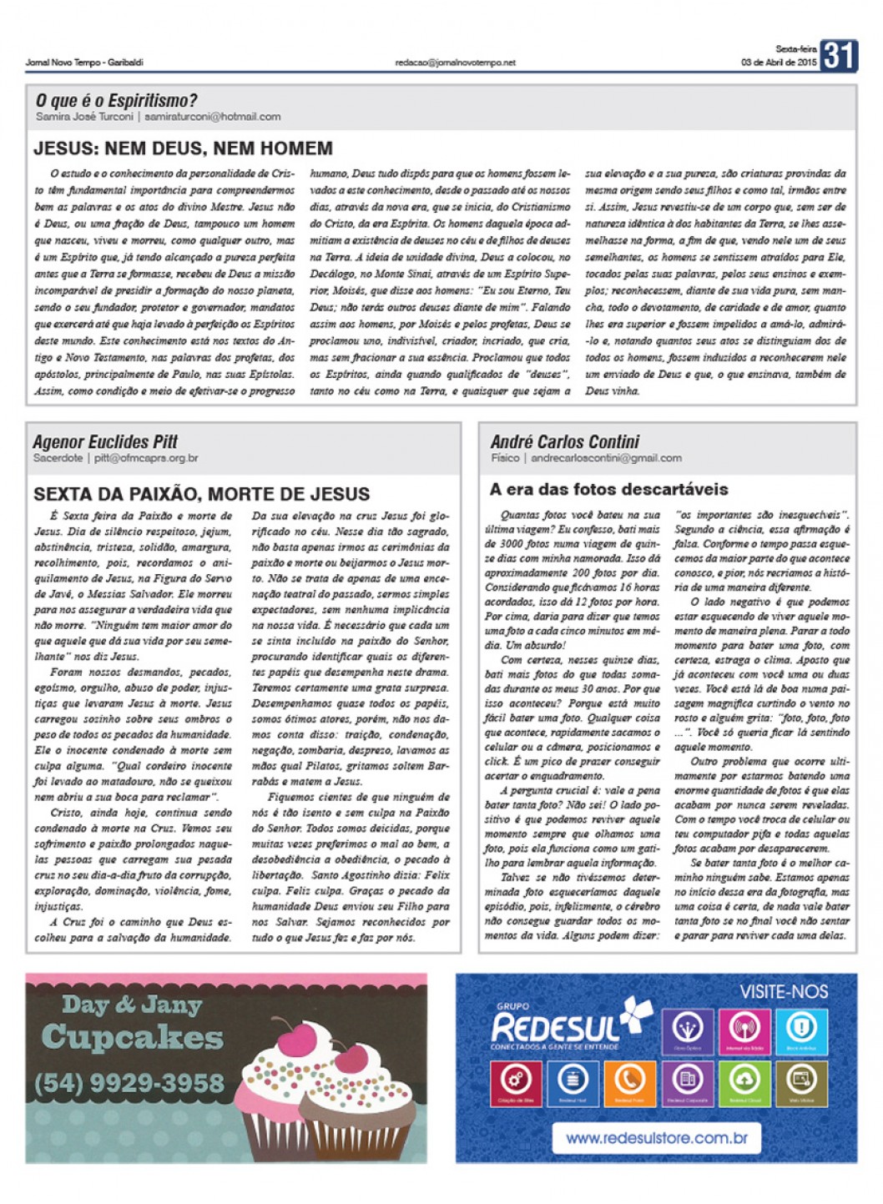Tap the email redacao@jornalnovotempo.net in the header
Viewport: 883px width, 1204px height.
click(x=456, y=63)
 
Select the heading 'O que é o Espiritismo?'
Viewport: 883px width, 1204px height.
click(x=116, y=101)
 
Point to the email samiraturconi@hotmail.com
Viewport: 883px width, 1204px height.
click(x=212, y=117)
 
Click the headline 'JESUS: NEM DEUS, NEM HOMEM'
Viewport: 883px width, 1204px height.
click(x=183, y=149)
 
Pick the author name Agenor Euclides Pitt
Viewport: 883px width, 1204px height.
click(x=105, y=441)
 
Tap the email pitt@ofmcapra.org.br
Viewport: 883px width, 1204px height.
click(x=146, y=458)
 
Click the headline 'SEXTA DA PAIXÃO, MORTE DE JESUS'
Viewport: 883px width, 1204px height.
click(x=201, y=494)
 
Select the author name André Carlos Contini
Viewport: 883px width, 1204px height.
click(x=565, y=441)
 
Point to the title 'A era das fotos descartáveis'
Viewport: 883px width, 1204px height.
click(x=608, y=490)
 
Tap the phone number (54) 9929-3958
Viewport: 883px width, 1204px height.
click(x=129, y=1083)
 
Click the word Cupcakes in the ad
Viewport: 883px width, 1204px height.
click(x=133, y=1037)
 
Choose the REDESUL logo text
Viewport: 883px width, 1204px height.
click(x=556, y=1027)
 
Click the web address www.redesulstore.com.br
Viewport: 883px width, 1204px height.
click(x=656, y=1137)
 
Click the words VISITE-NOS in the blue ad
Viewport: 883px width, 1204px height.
click(x=784, y=992)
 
